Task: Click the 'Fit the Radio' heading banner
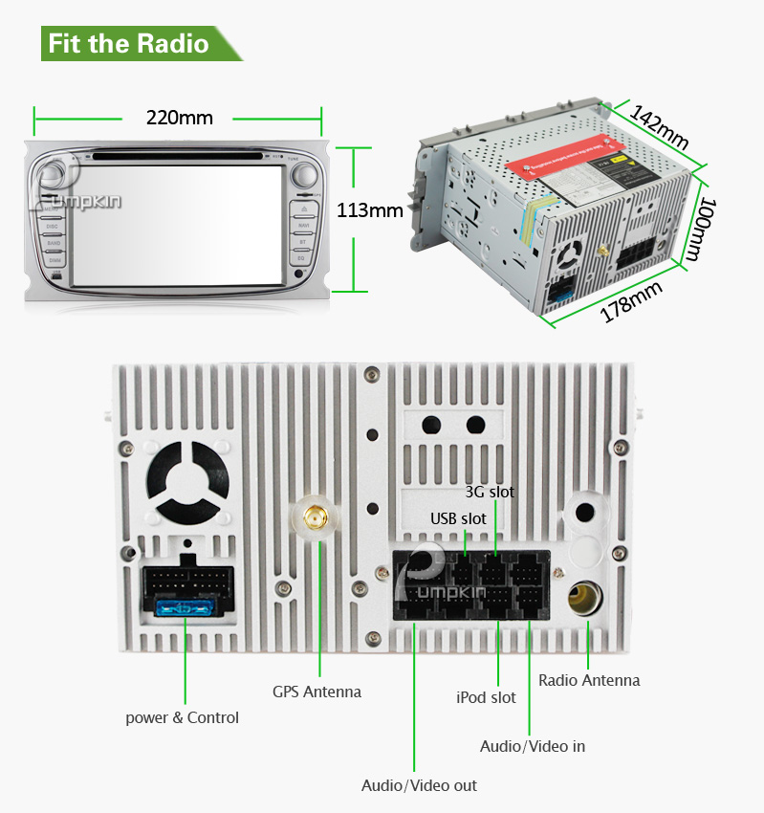tap(129, 44)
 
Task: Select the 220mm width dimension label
tap(179, 118)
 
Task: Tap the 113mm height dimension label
tap(370, 210)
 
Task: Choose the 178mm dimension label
tap(631, 300)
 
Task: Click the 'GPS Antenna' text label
tap(317, 692)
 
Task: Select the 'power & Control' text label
tap(183, 717)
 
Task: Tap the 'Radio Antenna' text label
tap(589, 680)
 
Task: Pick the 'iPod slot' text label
tap(486, 697)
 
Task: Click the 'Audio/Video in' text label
tap(533, 745)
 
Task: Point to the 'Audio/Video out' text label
tap(419, 785)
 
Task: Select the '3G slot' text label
tap(490, 492)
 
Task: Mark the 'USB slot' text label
tap(458, 518)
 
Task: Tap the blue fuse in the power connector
tap(186, 607)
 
